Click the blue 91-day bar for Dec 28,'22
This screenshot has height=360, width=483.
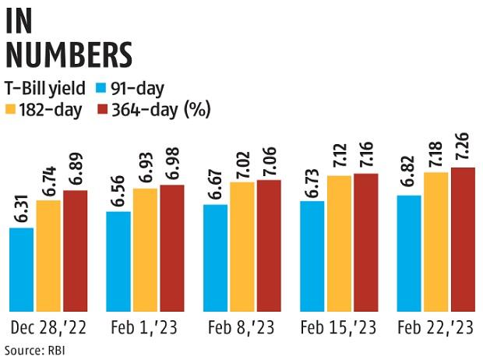point(22,270)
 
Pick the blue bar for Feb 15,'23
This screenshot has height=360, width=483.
point(313,256)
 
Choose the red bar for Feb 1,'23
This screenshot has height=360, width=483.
point(172,249)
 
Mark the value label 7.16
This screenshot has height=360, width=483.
point(365,154)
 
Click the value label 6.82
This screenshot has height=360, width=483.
point(410,176)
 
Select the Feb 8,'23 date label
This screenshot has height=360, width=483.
point(242,326)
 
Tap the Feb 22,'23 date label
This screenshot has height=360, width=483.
point(435,326)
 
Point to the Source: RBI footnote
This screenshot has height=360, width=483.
point(35,349)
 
